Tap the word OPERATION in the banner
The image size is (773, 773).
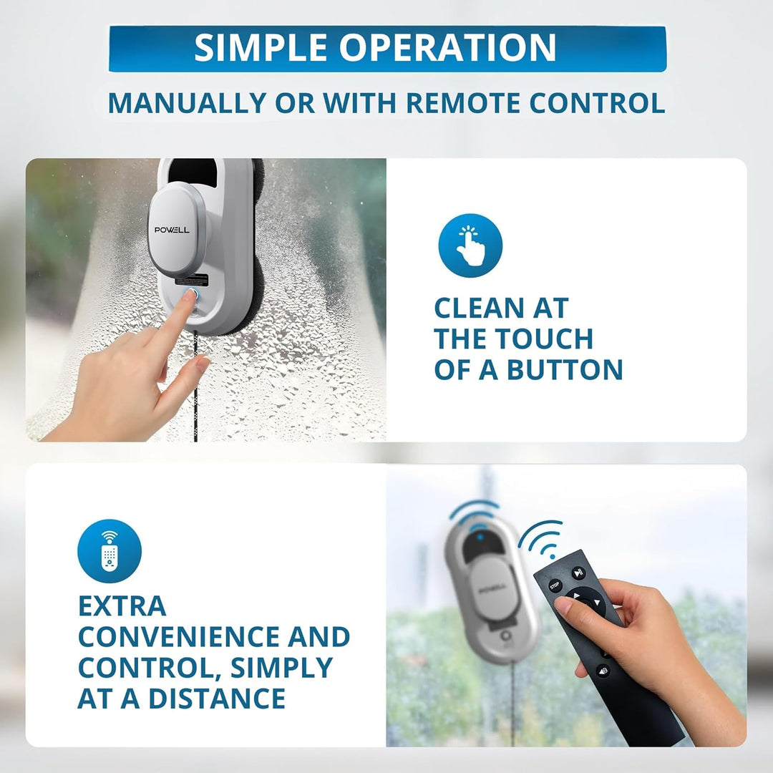[447, 48]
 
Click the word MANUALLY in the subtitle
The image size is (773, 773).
[187, 103]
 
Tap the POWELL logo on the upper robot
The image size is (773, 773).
[172, 230]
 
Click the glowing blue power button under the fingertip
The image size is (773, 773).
[191, 295]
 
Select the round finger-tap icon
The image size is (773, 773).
[470, 245]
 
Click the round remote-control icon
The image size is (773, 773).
[110, 551]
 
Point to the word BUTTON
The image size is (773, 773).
[565, 370]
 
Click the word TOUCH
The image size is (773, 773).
[544, 339]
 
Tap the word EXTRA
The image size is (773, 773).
[122, 606]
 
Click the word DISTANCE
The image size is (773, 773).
[217, 698]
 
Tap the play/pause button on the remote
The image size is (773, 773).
[578, 573]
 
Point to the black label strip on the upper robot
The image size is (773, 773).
[192, 280]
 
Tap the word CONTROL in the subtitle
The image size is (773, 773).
[597, 103]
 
